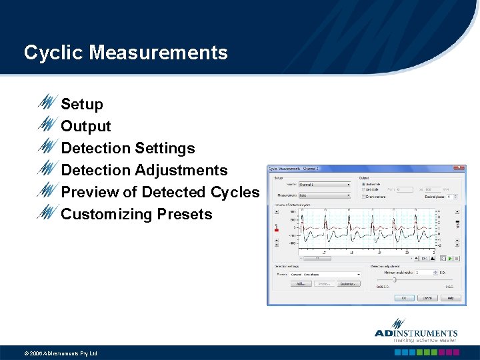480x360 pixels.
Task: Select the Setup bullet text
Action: pyautogui.click(x=82, y=104)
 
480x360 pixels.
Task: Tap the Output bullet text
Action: pyautogui.click(x=86, y=126)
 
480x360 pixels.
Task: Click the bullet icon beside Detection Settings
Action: pyautogui.click(x=48, y=147)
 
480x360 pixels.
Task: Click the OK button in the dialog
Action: pyautogui.click(x=404, y=298)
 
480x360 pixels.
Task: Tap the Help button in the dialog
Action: pyautogui.click(x=450, y=298)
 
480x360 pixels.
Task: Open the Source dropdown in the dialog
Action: pyautogui.click(x=323, y=185)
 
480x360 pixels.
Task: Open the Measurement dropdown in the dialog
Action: pyautogui.click(x=323, y=195)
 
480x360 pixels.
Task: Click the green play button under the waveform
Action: pyautogui.click(x=450, y=258)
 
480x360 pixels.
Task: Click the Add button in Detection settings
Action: pyautogui.click(x=300, y=283)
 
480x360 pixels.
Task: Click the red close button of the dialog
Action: pyautogui.click(x=459, y=169)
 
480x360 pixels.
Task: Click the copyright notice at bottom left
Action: pyautogui.click(x=61, y=353)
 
